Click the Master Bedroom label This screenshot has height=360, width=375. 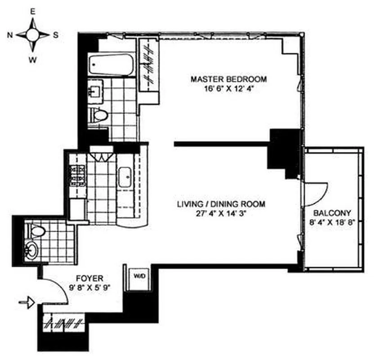(x=228, y=79)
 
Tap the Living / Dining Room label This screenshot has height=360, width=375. (x=220, y=204)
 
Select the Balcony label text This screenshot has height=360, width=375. (x=332, y=212)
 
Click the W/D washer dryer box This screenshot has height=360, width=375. (x=135, y=275)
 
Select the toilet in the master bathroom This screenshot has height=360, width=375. (x=100, y=114)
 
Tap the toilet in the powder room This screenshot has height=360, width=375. (x=38, y=231)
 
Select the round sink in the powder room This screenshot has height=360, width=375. (x=31, y=248)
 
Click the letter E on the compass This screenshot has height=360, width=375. (x=32, y=13)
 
